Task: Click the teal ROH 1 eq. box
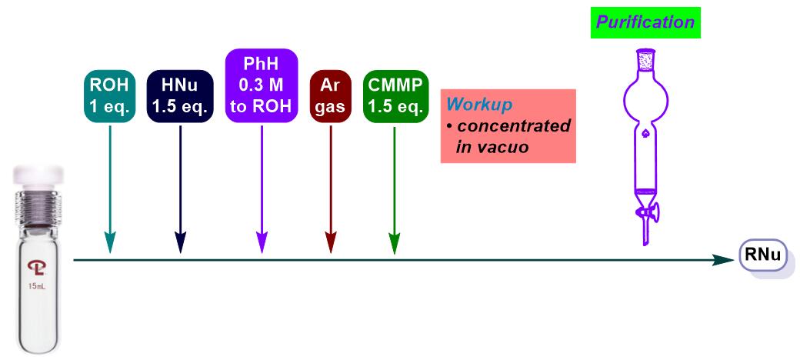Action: pos(110,97)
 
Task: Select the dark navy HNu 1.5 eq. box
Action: pos(180,97)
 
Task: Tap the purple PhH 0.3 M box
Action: pos(262,85)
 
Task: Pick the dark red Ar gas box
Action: pos(331,97)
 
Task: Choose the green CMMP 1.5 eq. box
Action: pos(396,97)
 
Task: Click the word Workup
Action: pos(479,105)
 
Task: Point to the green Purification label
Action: pos(645,22)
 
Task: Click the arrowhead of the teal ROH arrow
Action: pos(110,242)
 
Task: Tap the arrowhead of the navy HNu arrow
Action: pos(180,242)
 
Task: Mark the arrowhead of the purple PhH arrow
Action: pos(262,242)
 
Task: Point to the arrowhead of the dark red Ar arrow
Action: pos(331,242)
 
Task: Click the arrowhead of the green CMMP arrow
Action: pos(394,242)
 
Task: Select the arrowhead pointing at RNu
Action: pos(725,260)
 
